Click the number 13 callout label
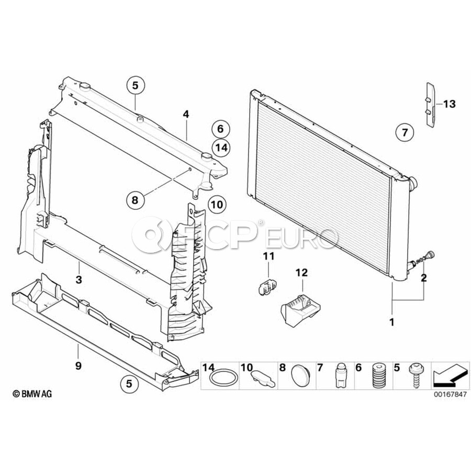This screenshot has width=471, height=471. (448, 104)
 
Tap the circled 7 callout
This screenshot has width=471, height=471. (405, 132)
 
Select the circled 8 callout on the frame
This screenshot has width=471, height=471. (134, 199)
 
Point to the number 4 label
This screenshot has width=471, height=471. (185, 114)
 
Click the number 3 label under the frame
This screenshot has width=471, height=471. (78, 280)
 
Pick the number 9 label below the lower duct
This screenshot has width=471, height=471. (78, 366)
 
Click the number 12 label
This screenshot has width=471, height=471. (302, 273)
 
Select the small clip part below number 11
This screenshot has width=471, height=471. (267, 287)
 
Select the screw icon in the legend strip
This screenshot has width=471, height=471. (416, 376)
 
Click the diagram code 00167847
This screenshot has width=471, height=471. (448, 395)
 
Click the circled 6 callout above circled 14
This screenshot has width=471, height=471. (220, 129)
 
